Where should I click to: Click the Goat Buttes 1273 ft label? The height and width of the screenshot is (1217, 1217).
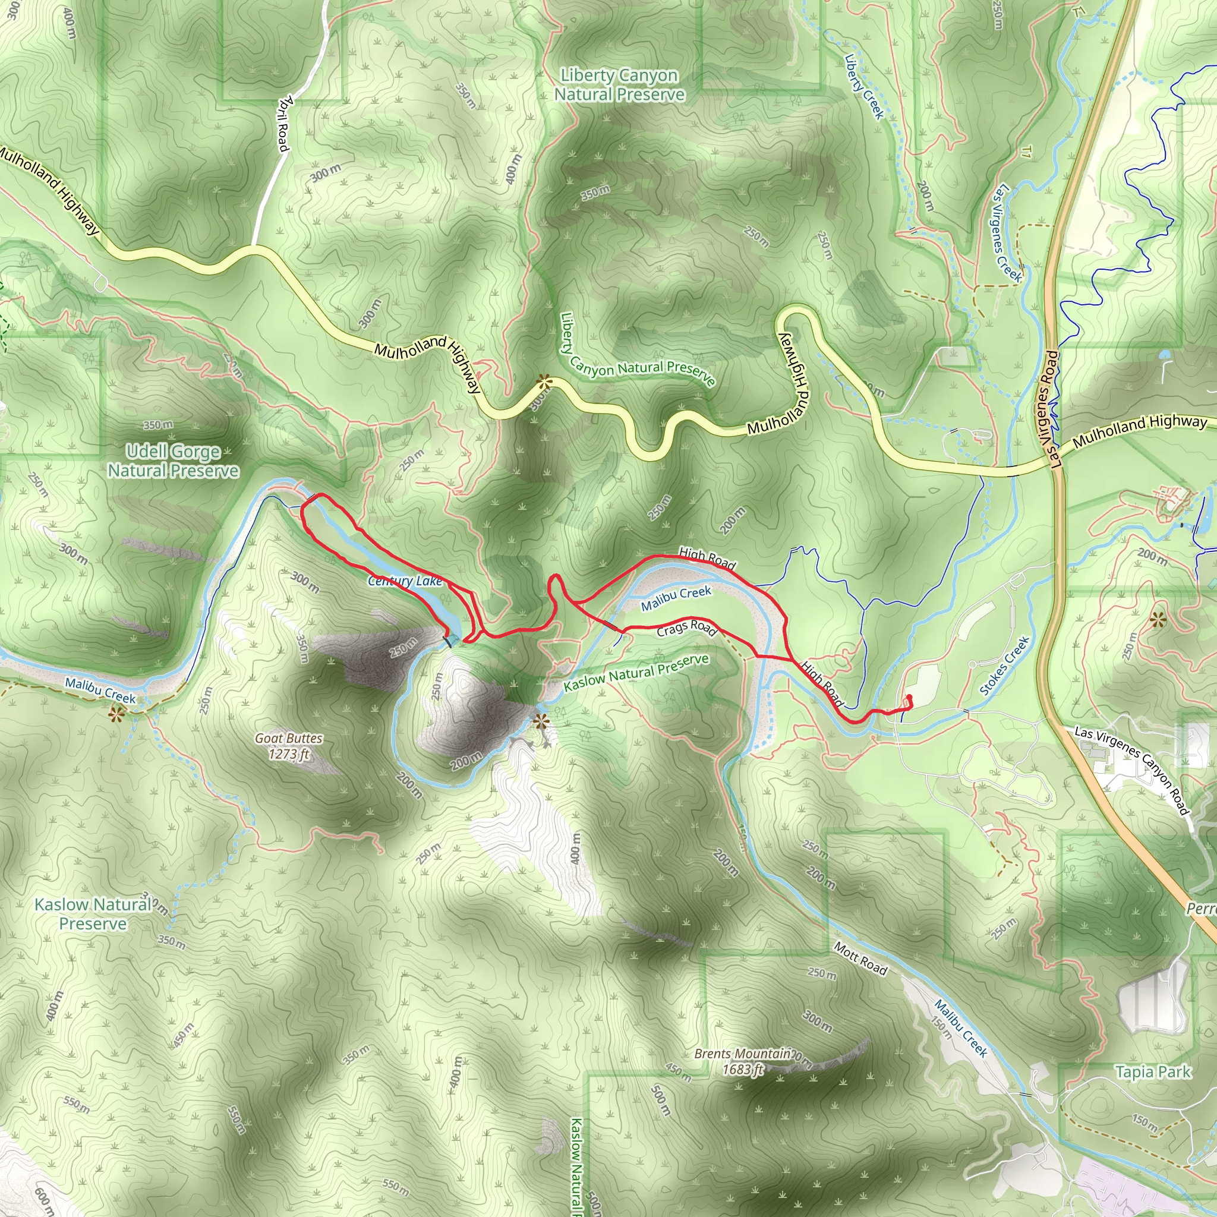tap(288, 746)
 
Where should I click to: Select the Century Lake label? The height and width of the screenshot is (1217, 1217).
tap(405, 581)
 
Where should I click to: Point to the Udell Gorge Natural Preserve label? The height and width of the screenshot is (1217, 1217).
tap(174, 461)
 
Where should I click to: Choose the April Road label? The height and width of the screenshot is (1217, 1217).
tap(284, 124)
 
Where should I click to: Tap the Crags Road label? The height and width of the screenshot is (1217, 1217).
tap(686, 628)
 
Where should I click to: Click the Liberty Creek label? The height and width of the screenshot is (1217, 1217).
tap(864, 86)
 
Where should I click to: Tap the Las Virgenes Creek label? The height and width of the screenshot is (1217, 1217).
tap(1006, 232)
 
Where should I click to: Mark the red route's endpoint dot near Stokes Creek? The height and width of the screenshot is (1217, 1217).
tap(909, 697)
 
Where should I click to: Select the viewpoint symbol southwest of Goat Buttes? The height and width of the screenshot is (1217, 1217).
tap(115, 714)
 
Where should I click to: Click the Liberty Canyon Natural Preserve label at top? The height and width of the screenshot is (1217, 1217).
tap(619, 85)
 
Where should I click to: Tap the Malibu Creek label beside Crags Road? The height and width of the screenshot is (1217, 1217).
tap(676, 598)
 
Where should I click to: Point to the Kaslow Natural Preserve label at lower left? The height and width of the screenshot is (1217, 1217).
tap(93, 914)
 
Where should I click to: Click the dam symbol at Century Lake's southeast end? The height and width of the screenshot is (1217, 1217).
tap(451, 641)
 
